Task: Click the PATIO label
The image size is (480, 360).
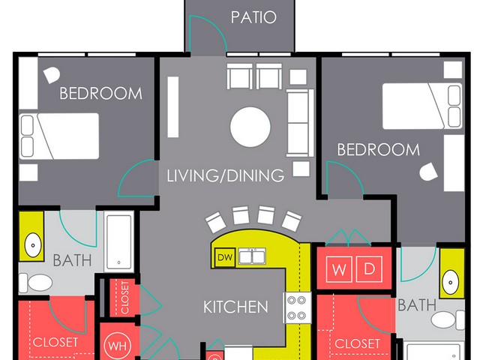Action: (x=253, y=17)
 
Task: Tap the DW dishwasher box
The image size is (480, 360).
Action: (x=225, y=257)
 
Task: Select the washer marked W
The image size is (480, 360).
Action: (x=339, y=269)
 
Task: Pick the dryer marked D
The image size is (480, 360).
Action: (x=369, y=269)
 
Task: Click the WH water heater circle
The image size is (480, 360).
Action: (x=118, y=346)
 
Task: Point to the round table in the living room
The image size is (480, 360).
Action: (x=250, y=127)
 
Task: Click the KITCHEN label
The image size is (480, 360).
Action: (x=235, y=307)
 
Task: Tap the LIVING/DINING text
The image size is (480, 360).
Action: (x=226, y=175)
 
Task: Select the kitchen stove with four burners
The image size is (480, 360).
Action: (x=297, y=307)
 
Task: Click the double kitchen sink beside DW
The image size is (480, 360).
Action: (x=252, y=256)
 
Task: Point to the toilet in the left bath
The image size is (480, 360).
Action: (x=36, y=283)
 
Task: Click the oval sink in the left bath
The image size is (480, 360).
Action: (x=33, y=245)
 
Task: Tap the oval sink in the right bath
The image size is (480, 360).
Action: (x=450, y=282)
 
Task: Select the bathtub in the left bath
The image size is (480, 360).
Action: (x=118, y=241)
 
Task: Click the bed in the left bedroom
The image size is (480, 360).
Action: (x=59, y=136)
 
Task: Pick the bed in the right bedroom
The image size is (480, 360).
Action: (x=422, y=106)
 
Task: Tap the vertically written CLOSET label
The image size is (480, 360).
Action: (x=125, y=298)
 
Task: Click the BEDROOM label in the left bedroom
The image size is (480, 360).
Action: (x=101, y=93)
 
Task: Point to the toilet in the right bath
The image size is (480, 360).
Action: (x=448, y=320)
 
